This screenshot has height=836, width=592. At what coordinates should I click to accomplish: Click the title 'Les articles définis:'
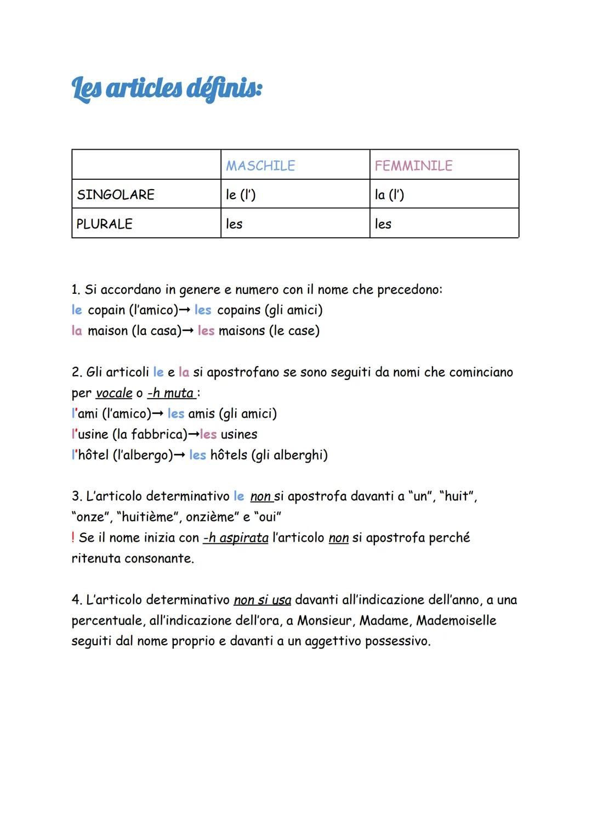click(167, 89)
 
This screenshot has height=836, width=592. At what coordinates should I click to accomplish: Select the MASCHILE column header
click(260, 166)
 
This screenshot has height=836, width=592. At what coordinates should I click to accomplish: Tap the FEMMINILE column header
click(413, 166)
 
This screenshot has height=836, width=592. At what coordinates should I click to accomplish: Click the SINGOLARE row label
click(116, 195)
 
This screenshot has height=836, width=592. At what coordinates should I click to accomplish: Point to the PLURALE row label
click(104, 224)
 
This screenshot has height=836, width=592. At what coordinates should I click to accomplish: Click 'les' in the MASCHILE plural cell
click(234, 224)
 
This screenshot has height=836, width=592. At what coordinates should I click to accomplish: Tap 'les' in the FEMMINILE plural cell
click(383, 224)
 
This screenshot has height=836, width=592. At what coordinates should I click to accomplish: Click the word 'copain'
click(106, 310)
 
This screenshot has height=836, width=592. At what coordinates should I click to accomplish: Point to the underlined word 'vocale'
click(114, 393)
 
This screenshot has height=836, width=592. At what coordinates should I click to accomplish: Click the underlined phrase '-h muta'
click(170, 393)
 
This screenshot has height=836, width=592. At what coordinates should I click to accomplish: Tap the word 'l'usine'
click(90, 434)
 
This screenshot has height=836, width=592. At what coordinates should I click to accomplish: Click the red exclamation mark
click(73, 538)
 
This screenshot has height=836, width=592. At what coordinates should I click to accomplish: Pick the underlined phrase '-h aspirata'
click(236, 538)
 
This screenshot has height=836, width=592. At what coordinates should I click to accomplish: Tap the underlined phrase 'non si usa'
click(263, 600)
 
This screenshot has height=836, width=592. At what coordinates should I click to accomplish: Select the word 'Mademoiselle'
click(456, 621)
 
